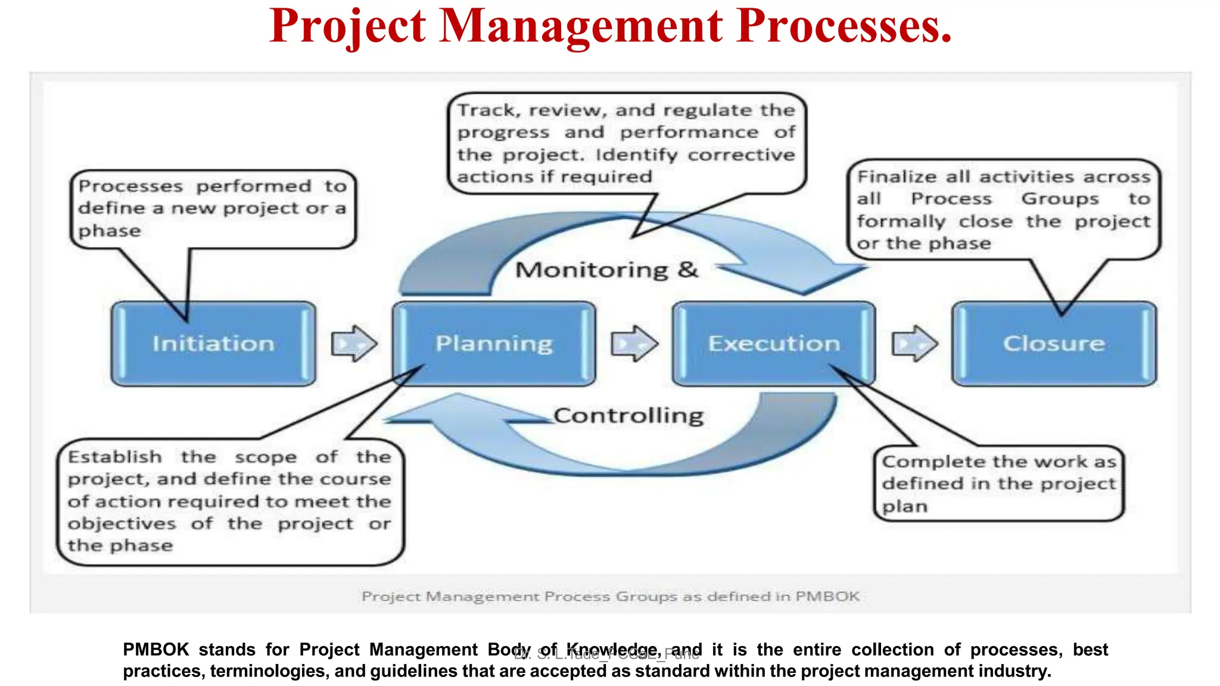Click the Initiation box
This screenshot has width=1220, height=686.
[x=213, y=344]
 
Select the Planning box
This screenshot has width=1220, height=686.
[x=494, y=344]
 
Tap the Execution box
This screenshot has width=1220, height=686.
[x=774, y=344]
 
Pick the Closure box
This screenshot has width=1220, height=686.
[x=1054, y=344]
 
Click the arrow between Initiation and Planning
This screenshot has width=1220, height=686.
[x=354, y=344]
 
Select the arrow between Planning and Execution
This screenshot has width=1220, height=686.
[x=634, y=344]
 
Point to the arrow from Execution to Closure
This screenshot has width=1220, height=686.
[x=914, y=344]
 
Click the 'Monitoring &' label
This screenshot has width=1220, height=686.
[x=606, y=270]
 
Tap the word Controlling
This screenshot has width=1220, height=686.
[x=628, y=415]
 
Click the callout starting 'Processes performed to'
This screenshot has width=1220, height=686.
[x=213, y=208]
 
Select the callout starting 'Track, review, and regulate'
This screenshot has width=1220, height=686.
[x=626, y=143]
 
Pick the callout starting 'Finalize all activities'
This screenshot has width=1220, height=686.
[x=1004, y=210]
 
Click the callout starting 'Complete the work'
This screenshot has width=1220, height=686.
[x=999, y=484]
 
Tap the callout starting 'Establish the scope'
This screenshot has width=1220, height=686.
[x=230, y=501]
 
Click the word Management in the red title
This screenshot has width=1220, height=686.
[x=581, y=26]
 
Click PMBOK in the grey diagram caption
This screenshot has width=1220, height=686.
[x=827, y=596]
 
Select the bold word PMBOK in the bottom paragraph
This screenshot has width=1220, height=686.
[x=155, y=649]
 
